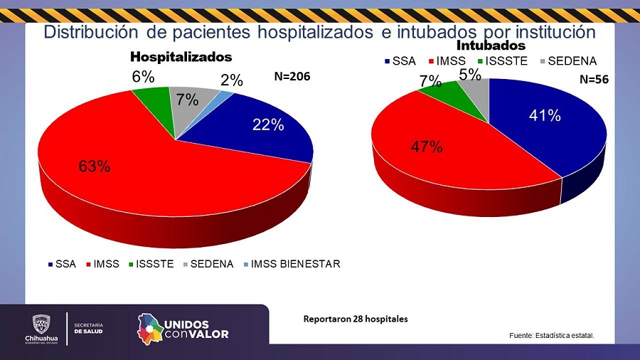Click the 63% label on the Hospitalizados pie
click(x=95, y=166)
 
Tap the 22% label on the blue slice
click(x=268, y=125)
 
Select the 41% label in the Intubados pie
click(x=545, y=115)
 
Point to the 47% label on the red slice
click(x=427, y=147)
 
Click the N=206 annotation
click(x=292, y=76)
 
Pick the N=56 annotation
click(x=593, y=80)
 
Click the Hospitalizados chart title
click(x=181, y=56)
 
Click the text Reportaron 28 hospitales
click(x=356, y=319)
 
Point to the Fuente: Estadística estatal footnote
click(x=550, y=335)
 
